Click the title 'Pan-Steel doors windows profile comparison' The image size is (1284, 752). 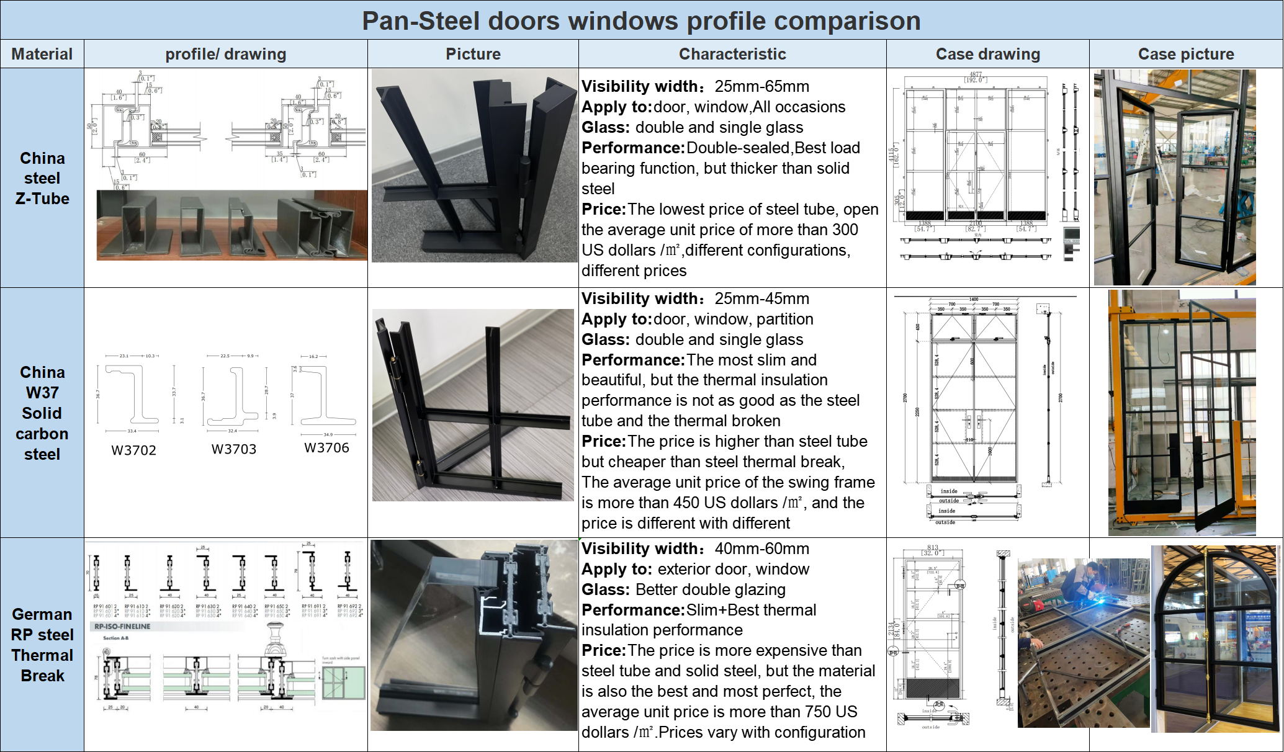point(641,20)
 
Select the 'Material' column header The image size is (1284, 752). point(42,54)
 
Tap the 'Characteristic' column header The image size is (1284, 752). point(732,54)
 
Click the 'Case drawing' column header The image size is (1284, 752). point(987,54)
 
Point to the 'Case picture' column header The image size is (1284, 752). point(1185,54)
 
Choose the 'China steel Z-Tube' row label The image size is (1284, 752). point(42,178)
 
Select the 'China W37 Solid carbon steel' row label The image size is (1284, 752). point(42,413)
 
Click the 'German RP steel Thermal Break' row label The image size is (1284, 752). point(42,645)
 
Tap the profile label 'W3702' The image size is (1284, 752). point(133,450)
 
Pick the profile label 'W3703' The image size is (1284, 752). point(233,449)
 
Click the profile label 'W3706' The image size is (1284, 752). point(326,448)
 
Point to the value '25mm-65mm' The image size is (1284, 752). point(761,86)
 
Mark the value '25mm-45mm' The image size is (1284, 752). point(761,298)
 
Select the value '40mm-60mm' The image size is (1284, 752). point(761,548)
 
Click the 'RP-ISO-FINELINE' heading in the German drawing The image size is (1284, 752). point(122,627)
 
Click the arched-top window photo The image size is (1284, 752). point(1214,639)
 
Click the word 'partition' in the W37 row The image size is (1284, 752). point(784,319)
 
